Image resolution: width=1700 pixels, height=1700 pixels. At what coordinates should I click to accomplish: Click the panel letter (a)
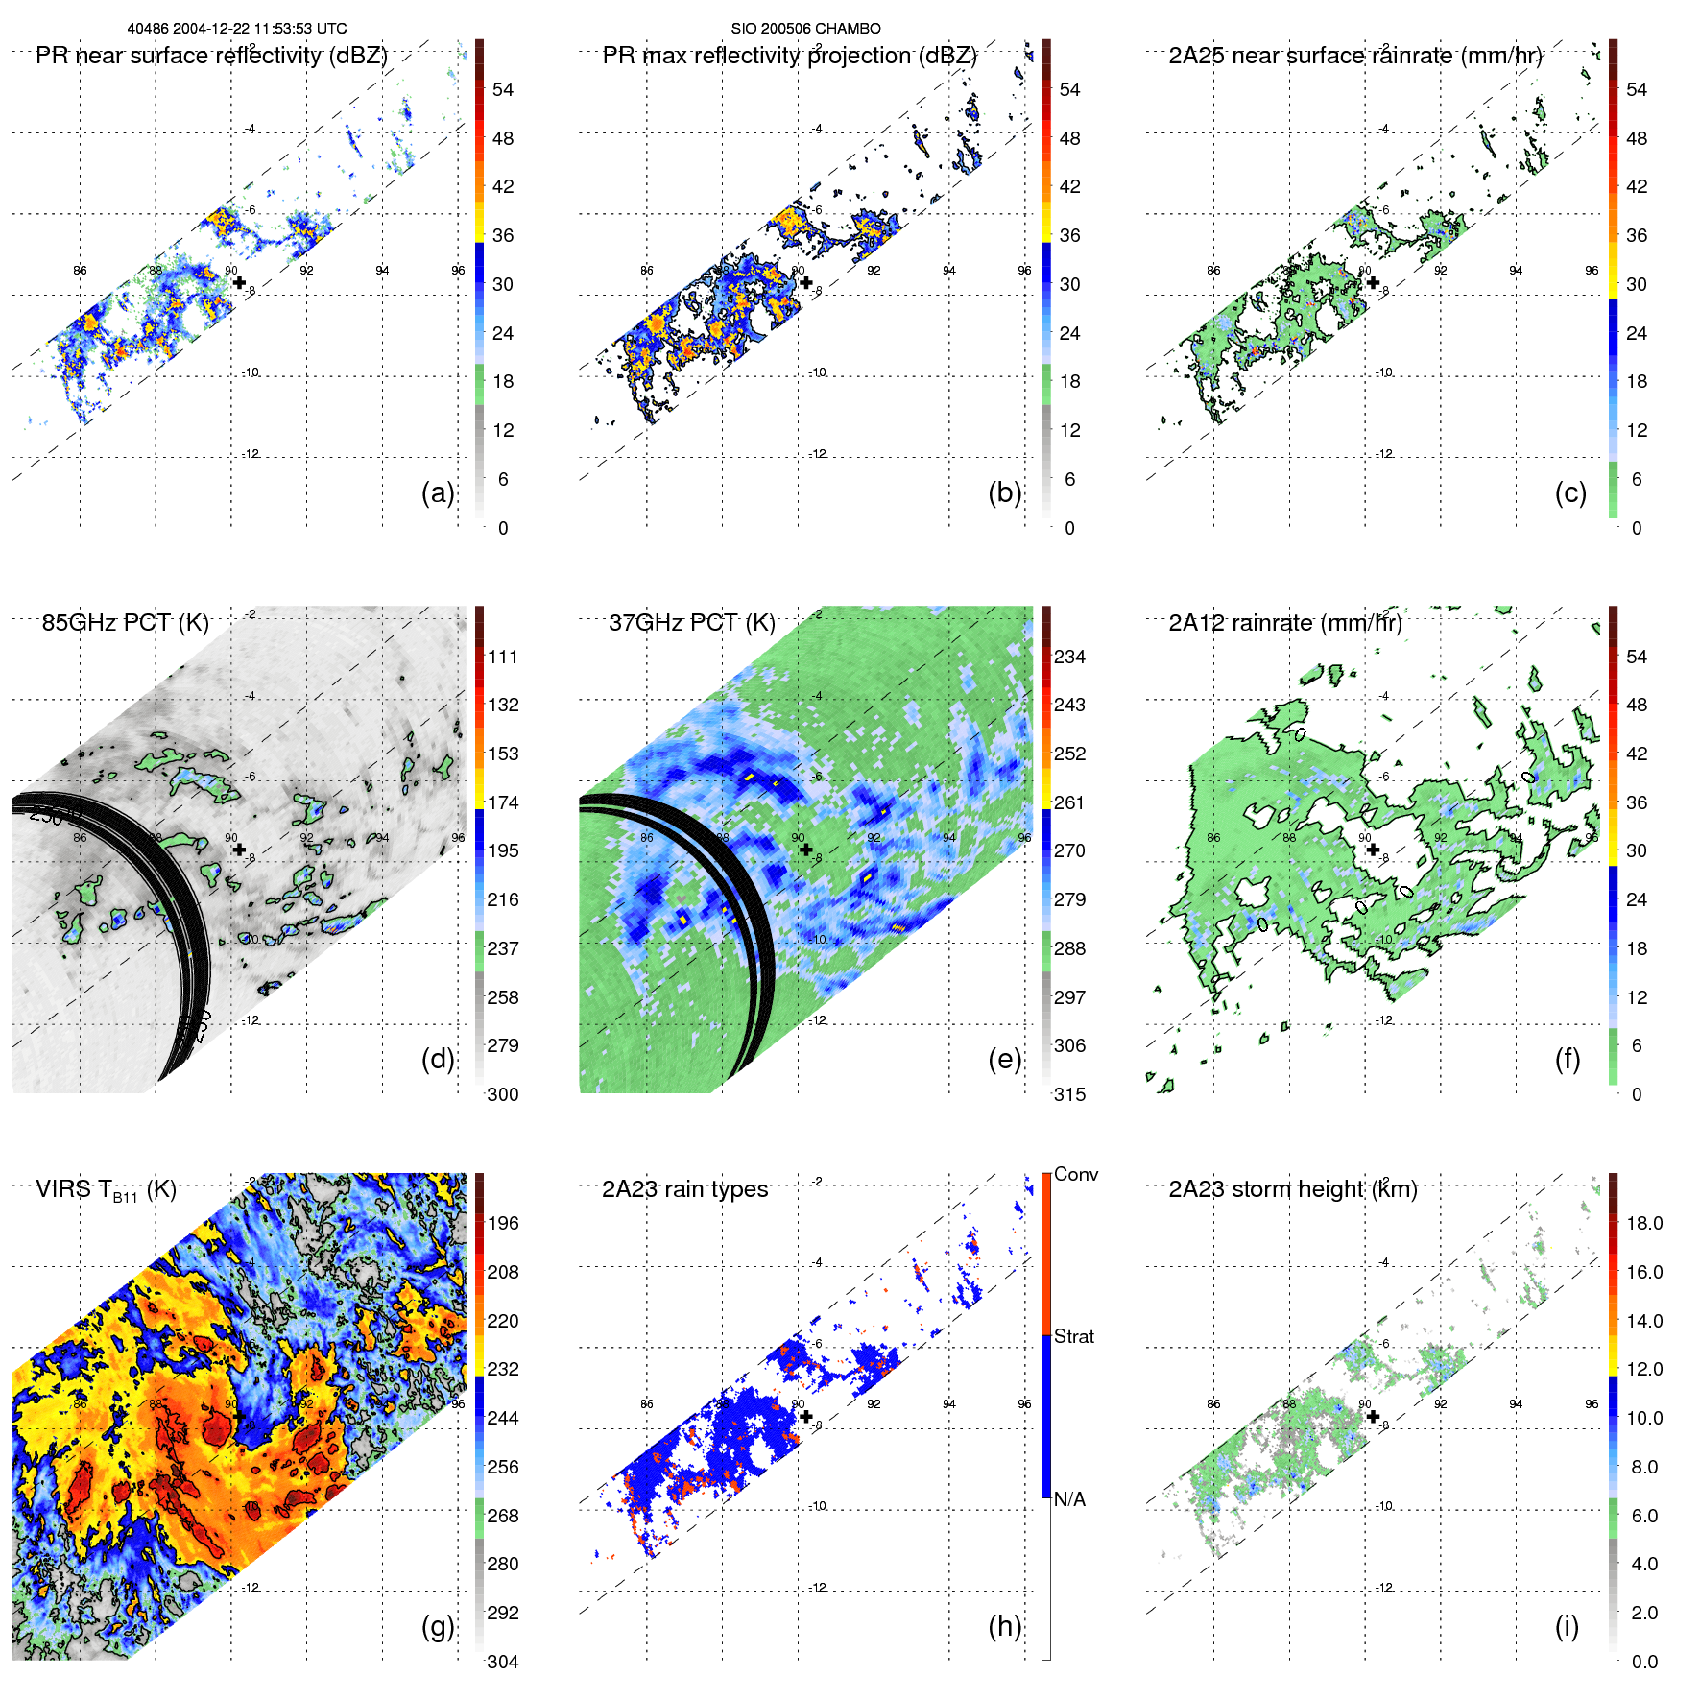click(x=438, y=493)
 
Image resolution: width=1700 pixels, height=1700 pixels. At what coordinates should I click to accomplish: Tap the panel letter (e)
click(x=1004, y=1060)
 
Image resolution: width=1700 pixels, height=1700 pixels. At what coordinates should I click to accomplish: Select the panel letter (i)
click(x=1567, y=1626)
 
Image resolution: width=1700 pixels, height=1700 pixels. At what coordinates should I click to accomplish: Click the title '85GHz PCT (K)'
click(x=125, y=622)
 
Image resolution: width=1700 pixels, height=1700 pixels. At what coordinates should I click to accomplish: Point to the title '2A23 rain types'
click(x=684, y=1189)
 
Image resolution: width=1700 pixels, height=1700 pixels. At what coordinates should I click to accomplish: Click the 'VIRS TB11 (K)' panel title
click(x=106, y=1190)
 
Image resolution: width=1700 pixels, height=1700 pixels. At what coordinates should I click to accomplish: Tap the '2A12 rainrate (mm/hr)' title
click(x=1285, y=622)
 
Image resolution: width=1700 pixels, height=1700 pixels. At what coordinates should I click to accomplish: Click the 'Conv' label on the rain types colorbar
click(x=1076, y=1174)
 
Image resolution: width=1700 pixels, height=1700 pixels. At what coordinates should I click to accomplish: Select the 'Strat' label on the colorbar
click(x=1074, y=1336)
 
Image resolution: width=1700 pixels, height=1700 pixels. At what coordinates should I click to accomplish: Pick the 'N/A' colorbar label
click(x=1070, y=1499)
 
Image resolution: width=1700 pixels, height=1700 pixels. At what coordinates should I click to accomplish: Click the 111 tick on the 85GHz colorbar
click(x=503, y=657)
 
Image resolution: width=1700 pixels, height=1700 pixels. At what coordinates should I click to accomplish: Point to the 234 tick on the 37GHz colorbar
click(x=1069, y=657)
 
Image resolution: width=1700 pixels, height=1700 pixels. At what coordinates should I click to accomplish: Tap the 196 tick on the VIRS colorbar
click(x=503, y=1223)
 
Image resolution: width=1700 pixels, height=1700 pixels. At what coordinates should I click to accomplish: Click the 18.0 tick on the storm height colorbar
click(x=1644, y=1223)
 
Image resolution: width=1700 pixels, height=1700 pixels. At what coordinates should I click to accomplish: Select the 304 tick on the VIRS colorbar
click(x=503, y=1662)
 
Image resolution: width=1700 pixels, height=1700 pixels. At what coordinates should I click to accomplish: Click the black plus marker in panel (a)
click(x=239, y=282)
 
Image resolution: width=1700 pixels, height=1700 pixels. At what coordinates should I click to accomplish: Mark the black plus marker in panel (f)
click(x=1373, y=850)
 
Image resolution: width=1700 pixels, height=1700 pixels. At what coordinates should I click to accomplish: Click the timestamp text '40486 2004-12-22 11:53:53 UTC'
click(x=237, y=29)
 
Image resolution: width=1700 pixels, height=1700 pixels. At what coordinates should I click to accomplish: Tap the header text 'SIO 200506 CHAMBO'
click(x=805, y=29)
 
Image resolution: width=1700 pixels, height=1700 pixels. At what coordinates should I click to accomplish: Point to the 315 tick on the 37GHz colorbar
click(x=1069, y=1094)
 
